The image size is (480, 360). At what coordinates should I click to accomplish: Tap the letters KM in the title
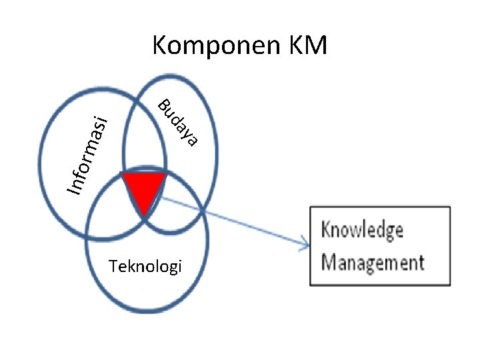[x=307, y=47]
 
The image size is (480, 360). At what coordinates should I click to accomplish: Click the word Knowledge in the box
[x=362, y=231]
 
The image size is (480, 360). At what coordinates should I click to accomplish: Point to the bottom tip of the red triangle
[x=144, y=215]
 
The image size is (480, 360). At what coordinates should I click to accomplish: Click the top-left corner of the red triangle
[x=123, y=174]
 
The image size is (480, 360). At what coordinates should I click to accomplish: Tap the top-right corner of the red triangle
[x=165, y=174]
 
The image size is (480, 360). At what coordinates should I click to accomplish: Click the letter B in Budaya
[x=163, y=105]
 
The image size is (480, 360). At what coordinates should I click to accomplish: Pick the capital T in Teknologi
[x=111, y=267]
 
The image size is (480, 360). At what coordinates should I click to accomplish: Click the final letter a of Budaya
[x=193, y=140]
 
